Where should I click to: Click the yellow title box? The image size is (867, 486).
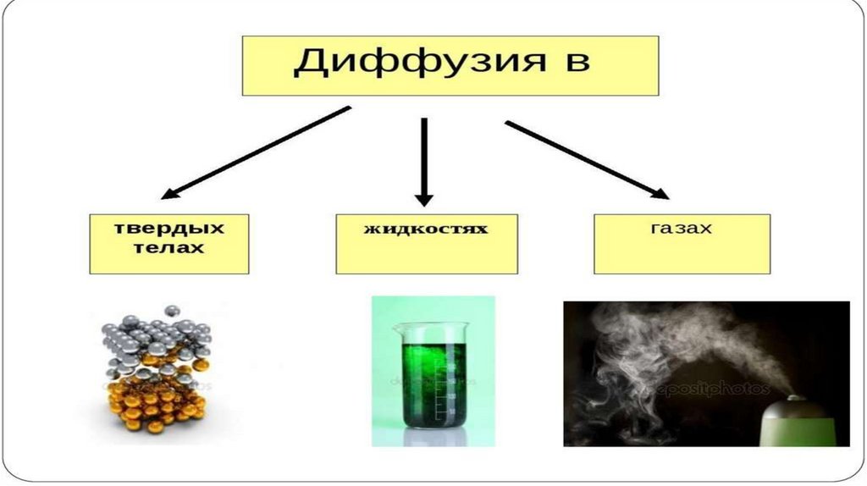tap(450, 64)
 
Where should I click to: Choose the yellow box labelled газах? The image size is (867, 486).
tap(682, 243)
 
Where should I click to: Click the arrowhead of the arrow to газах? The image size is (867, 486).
tap(659, 194)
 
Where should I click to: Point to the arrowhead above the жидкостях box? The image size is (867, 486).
tap(424, 199)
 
